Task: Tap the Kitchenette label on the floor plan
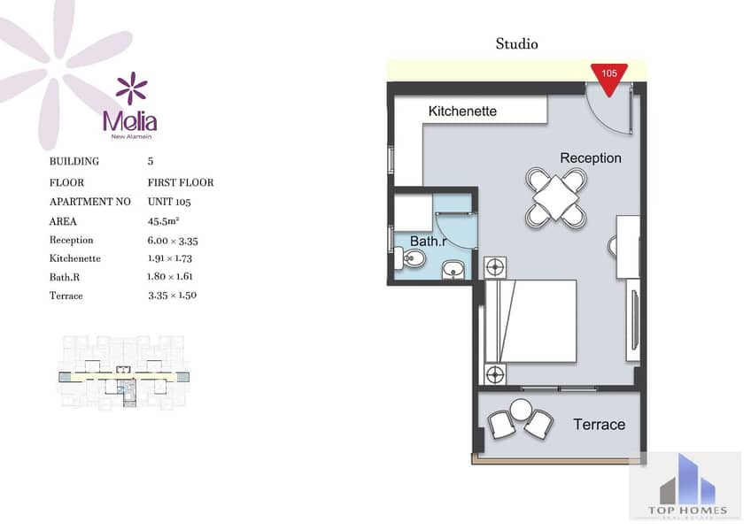pos(462,111)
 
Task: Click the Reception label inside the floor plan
pos(591,157)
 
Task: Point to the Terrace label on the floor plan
pos(600,425)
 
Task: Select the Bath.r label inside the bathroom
pos(428,241)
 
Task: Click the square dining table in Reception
pos(555,197)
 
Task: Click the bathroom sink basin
pos(453,269)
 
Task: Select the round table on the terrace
pos(521,410)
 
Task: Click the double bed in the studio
pos(530,321)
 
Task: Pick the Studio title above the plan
pos(517,44)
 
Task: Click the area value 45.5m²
pos(163,221)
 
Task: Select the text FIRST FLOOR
pos(181,182)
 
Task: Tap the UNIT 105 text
pos(169,202)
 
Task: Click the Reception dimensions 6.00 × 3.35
pos(173,241)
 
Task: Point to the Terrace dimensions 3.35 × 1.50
pos(172,296)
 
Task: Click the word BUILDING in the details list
pos(74,161)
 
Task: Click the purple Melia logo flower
pos(131,88)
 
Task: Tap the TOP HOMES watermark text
pos(687,511)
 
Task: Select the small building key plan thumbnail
pos(124,373)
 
